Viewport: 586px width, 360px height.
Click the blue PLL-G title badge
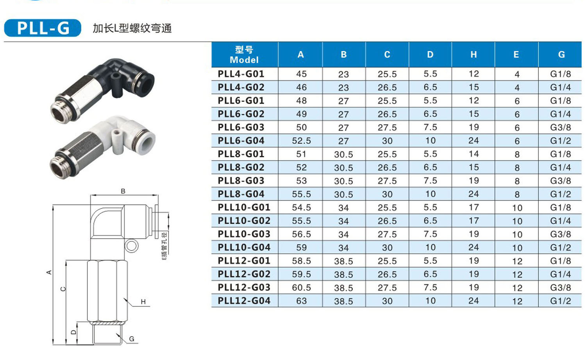tap(43, 28)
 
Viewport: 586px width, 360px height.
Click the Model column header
tap(244, 55)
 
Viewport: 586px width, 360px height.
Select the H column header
tap(473, 55)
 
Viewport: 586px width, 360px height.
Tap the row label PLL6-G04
tap(241, 141)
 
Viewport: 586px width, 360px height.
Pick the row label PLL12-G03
tap(244, 287)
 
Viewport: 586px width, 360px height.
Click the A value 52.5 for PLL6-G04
tap(301, 141)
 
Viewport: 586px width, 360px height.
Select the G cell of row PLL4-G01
tap(560, 74)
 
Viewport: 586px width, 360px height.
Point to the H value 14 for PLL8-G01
tap(473, 154)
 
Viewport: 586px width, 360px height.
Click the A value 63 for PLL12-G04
tap(301, 301)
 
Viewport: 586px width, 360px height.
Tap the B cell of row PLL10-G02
tap(343, 221)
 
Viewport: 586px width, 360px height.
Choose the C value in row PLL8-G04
tap(387, 194)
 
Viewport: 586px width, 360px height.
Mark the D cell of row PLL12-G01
tap(430, 261)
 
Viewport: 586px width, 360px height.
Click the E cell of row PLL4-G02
tap(517, 88)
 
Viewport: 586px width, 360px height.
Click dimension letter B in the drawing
tap(123, 191)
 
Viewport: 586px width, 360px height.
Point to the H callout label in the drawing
tap(143, 302)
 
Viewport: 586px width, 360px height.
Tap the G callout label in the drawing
tap(132, 339)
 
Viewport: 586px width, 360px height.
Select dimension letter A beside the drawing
tap(49, 272)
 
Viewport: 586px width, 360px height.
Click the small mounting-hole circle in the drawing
tap(132, 246)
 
